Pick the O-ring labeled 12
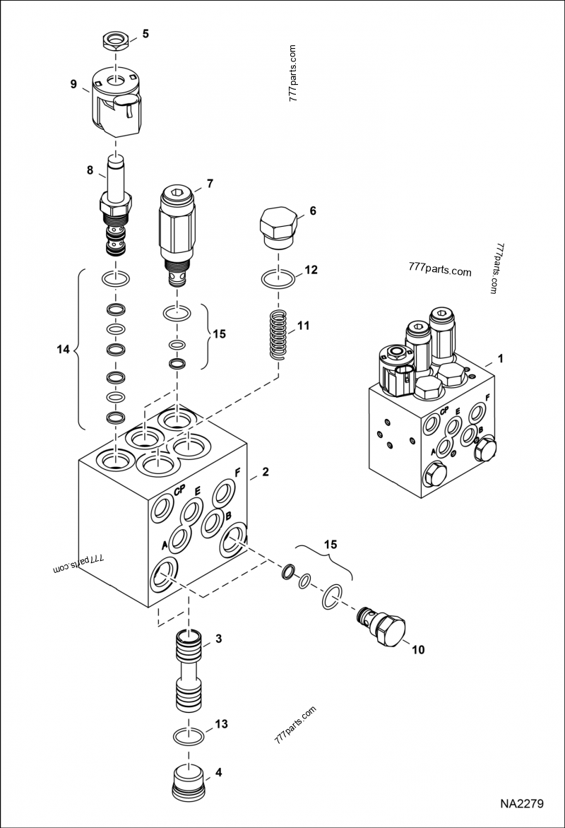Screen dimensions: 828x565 [x=280, y=279]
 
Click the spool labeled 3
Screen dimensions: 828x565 [x=189, y=671]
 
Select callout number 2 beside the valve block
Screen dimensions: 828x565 [x=266, y=472]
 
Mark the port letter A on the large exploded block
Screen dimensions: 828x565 [x=165, y=545]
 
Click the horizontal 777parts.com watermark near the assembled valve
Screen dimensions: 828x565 [x=439, y=271]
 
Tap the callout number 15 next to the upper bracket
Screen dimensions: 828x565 [x=220, y=334]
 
